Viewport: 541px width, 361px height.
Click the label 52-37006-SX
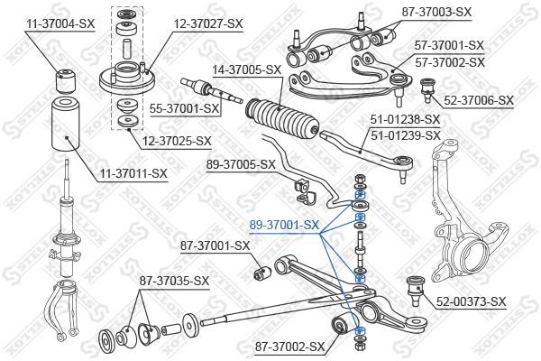478,101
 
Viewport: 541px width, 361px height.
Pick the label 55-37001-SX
185,108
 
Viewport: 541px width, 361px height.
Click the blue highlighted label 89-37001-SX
284,224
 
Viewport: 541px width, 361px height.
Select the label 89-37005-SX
241,164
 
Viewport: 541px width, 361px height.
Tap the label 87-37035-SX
174,281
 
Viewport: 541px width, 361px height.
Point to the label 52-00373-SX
471,301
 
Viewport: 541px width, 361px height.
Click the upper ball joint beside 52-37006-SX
430,88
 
